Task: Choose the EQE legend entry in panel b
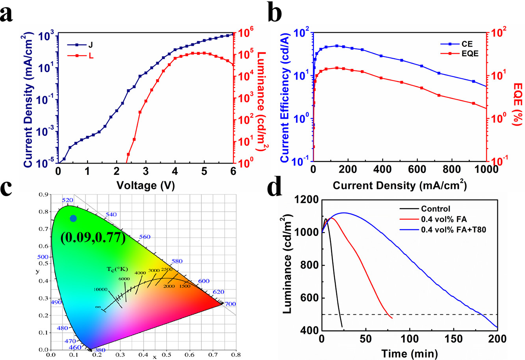coord(465,54)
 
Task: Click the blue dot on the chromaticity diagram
coord(73,218)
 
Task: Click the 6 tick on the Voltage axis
coord(233,172)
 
